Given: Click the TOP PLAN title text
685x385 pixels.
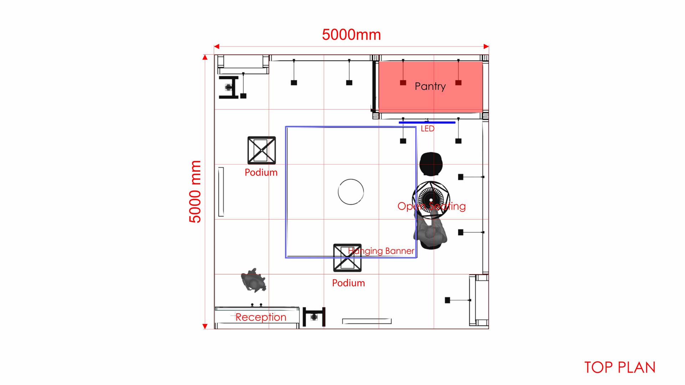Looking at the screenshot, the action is tap(620, 368).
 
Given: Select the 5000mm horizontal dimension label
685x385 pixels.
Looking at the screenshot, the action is tap(351, 35).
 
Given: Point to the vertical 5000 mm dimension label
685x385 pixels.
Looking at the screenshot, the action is tap(195, 192).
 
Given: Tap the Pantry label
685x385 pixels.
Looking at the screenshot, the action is tap(430, 86).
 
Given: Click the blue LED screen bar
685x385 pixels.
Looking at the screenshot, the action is tap(427, 122).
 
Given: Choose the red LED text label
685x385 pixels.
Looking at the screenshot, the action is tap(427, 129).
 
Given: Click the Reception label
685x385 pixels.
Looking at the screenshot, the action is tap(261, 317).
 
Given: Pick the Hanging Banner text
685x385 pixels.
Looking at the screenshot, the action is tap(381, 251).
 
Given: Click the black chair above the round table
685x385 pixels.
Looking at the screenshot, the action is tap(431, 164).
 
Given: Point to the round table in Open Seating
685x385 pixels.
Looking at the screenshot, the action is tap(431, 200).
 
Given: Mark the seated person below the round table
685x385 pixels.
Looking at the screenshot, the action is tap(431, 232).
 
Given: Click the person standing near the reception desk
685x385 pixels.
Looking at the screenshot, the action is tap(254, 280).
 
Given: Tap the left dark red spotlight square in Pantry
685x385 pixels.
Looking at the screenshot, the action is tap(403, 83).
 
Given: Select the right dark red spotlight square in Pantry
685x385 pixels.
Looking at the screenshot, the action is tap(458, 83).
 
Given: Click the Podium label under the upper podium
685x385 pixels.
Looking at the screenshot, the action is tap(261, 173).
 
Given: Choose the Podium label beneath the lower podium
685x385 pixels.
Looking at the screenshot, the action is tap(348, 283).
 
